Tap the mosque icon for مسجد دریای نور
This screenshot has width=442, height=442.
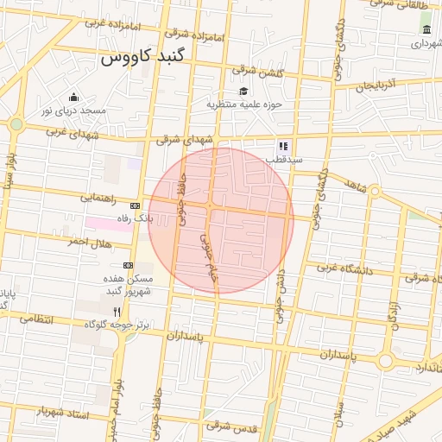click(x=73, y=97)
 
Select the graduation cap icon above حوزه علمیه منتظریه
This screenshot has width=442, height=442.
click(x=243, y=91)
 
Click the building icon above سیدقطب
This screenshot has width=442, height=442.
click(x=282, y=147)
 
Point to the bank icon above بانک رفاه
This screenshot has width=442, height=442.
click(x=135, y=205)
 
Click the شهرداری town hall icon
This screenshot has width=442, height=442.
click(x=426, y=30)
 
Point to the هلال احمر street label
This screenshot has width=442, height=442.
click(x=92, y=242)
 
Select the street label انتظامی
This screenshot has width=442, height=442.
click(x=35, y=319)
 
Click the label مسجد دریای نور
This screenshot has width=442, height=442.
click(x=72, y=111)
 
